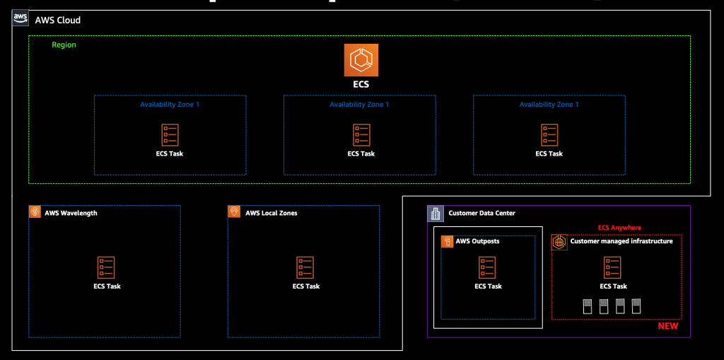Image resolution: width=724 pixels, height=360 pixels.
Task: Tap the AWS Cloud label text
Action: point(58,21)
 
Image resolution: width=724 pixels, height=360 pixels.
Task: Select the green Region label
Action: point(64,45)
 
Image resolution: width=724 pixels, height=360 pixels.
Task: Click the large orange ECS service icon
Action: point(361,60)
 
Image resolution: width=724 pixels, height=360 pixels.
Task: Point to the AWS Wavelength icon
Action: point(35,212)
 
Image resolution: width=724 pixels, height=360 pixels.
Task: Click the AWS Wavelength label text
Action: point(71,213)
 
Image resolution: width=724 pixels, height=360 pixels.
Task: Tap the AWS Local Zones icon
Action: point(234,212)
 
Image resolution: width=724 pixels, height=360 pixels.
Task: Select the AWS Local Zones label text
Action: point(271,213)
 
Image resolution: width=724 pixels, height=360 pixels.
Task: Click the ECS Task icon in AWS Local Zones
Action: point(305,267)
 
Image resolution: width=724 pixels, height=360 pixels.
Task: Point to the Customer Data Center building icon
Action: point(435,213)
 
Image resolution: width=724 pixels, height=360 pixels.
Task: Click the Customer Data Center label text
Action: point(481,214)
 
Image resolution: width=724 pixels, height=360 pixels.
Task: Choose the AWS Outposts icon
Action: point(447,242)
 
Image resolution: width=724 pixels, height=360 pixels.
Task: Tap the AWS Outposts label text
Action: point(478,242)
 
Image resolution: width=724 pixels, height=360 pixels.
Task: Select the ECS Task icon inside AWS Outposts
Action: point(488,267)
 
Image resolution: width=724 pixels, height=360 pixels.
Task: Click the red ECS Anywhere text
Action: point(619,228)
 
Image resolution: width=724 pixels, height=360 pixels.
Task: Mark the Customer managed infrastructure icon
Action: point(559,241)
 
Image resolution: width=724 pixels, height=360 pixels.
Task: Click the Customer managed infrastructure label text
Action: point(621,242)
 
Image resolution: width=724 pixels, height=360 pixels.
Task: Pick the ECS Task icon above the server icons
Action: point(612,267)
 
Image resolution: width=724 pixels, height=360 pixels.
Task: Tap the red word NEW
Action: point(667,326)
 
